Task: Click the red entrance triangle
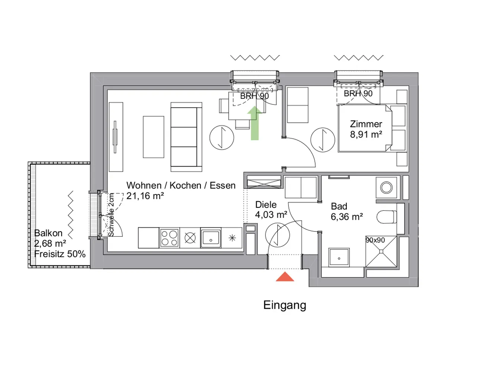tap(285, 277)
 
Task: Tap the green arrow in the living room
tap(255, 123)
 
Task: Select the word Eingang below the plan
tap(285, 306)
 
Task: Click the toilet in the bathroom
tap(387, 217)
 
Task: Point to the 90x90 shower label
tap(375, 240)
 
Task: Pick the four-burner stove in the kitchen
tap(169, 238)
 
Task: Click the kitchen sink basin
tap(211, 238)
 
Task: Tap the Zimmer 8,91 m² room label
tap(366, 129)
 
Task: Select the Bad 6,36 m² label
tap(347, 211)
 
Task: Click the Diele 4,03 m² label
tap(271, 210)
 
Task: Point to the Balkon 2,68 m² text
tap(50, 238)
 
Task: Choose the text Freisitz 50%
tap(60, 254)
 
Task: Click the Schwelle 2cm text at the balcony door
tap(111, 215)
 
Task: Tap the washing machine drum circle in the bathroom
tap(386, 188)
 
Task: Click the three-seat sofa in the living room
tap(186, 137)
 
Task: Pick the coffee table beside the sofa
tap(154, 137)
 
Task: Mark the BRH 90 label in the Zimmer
tap(358, 93)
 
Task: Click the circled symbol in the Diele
tap(277, 235)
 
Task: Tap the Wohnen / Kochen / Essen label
tap(181, 185)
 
